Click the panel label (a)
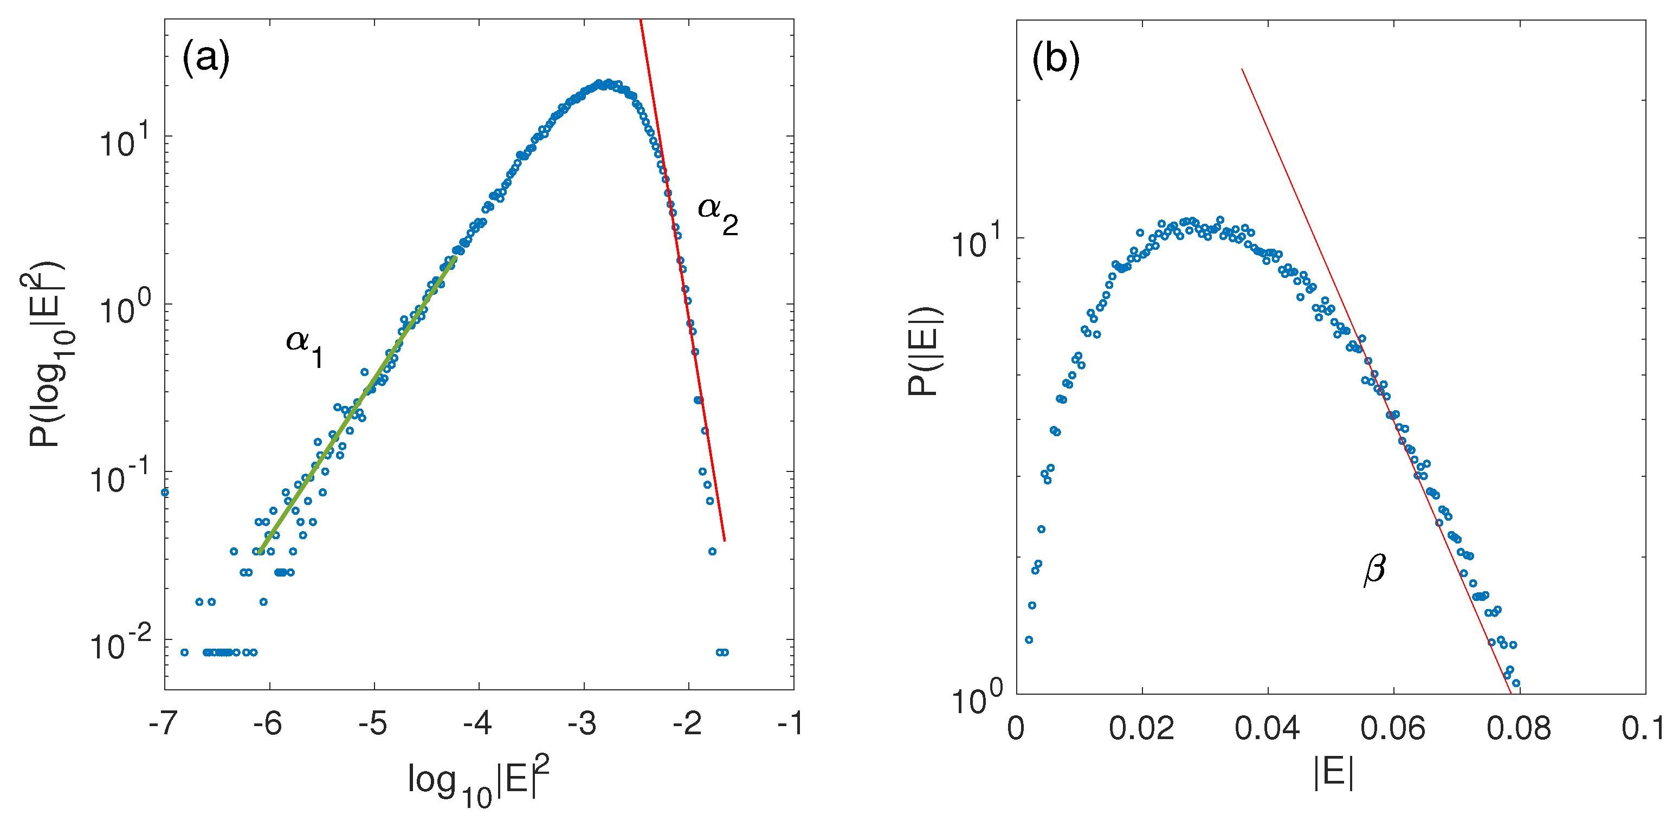(206, 58)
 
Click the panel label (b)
(1056, 58)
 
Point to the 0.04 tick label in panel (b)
(1267, 728)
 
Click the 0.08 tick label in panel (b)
(1519, 728)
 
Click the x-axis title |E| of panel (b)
(1333, 774)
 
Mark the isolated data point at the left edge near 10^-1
(165, 492)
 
